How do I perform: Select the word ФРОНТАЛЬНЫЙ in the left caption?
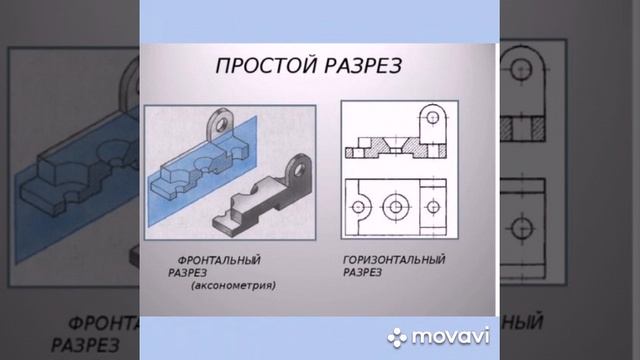coord(213,261)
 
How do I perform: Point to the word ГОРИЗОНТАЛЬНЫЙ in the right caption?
coord(393,261)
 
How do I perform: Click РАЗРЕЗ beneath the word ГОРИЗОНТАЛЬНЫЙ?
coord(366,273)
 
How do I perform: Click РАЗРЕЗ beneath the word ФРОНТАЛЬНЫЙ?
coord(191,273)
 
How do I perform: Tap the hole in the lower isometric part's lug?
coord(300,165)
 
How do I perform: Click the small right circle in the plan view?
coord(432,205)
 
